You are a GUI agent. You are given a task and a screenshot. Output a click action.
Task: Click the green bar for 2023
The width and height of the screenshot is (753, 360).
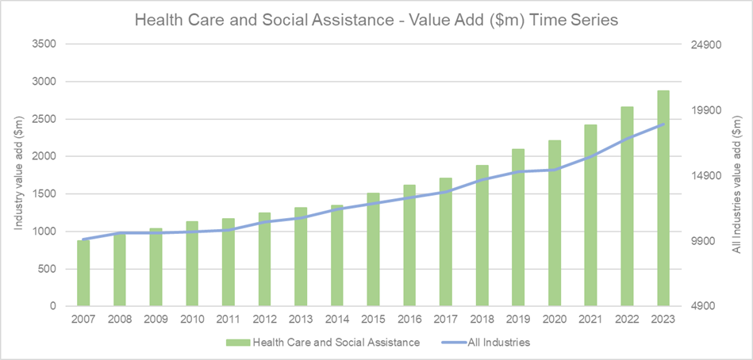pos(663,198)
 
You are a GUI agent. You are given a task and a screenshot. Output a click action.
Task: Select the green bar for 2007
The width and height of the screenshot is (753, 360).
pos(83,273)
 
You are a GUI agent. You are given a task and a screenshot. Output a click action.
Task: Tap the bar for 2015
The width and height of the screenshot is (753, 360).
pos(373,249)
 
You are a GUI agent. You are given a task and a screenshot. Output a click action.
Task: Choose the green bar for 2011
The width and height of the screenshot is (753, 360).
pos(229,262)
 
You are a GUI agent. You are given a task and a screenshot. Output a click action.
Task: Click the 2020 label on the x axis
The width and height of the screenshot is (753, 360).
pos(555,320)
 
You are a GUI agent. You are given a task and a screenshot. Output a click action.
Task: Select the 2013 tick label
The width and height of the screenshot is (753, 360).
pos(301,320)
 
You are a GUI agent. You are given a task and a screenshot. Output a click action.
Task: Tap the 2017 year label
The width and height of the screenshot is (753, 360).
pos(446,320)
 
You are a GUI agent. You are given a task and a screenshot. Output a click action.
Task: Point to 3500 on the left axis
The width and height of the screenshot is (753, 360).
pos(43,44)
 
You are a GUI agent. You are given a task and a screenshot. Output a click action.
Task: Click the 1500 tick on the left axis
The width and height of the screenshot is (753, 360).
pos(43,194)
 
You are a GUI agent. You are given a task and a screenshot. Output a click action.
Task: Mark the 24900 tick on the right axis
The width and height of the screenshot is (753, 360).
pos(701,44)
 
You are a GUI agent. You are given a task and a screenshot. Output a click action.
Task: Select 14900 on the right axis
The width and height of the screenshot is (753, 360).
pos(701,176)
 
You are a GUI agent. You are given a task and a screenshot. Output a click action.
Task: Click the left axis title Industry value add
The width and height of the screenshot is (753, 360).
pos(17,174)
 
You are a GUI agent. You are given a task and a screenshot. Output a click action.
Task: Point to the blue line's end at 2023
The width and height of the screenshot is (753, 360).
pos(663,124)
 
